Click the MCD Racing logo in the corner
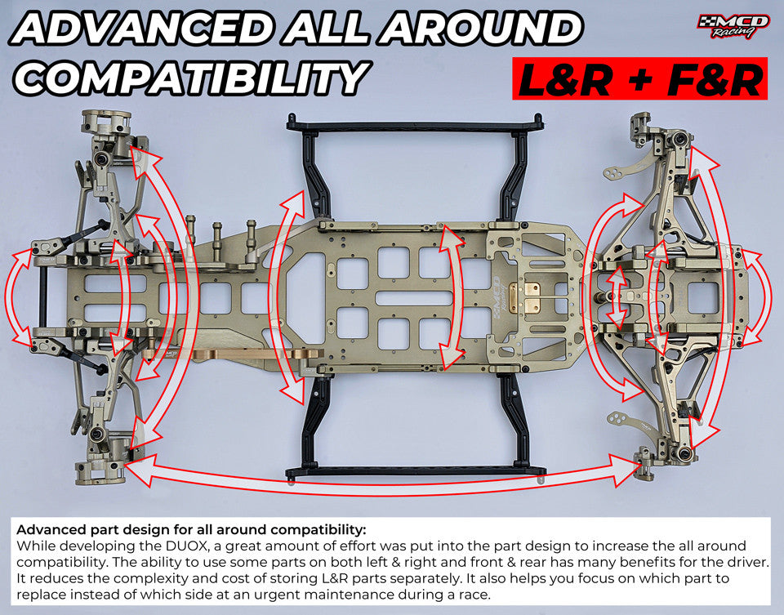click(x=732, y=25)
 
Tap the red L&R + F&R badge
click(x=639, y=79)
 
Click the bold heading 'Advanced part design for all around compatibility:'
click(x=191, y=529)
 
